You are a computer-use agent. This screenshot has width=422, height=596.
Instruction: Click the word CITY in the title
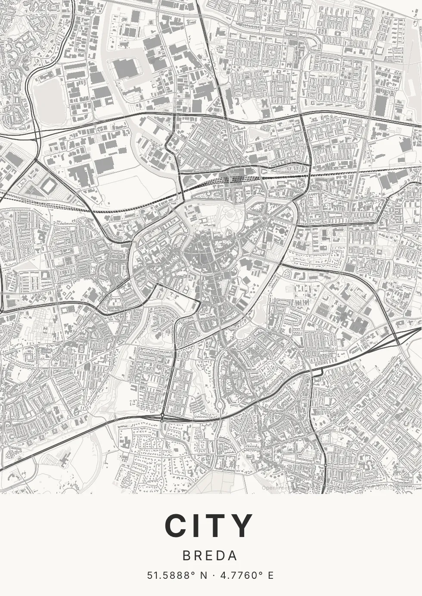210,526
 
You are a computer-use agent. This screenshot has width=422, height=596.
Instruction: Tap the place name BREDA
210,556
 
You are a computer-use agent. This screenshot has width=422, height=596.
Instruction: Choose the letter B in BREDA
186,556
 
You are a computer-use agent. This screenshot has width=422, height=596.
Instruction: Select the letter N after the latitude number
203,575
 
